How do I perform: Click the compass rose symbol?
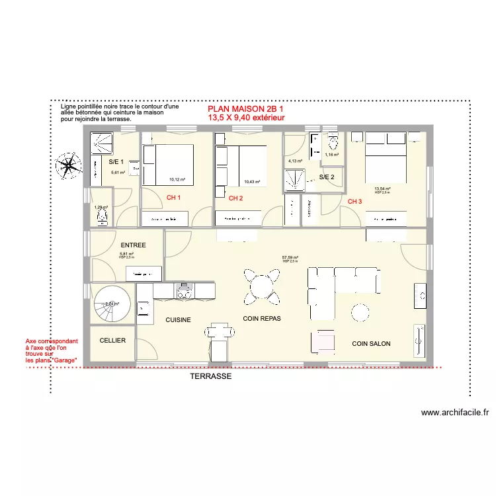pos(69,163)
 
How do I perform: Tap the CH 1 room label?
pos(173,198)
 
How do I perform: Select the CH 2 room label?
pos(236,198)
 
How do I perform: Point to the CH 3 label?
pos(355,201)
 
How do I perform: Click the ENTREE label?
pos(133,245)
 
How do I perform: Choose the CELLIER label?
pos(112,341)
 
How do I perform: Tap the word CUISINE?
pos(179,320)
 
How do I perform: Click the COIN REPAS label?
pos(262,318)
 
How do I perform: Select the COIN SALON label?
pos(371,344)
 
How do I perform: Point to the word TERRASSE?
pos(210,376)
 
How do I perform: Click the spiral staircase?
pos(110,304)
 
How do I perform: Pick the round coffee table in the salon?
pos(361,311)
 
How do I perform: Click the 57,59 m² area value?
pos(290,258)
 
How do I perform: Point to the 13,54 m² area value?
pos(382,189)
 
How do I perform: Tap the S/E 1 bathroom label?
pos(116,162)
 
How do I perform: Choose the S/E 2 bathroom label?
pos(327,177)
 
